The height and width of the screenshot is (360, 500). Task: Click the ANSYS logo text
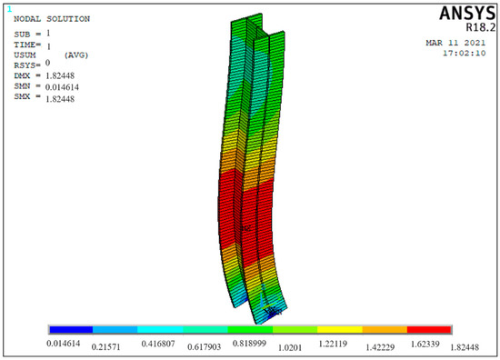467,14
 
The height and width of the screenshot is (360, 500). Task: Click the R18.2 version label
481,27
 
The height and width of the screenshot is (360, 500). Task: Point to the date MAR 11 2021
455,43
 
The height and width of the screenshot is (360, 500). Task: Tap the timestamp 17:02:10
465,53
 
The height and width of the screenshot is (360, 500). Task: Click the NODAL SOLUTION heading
52,19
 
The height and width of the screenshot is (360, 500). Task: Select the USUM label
25,55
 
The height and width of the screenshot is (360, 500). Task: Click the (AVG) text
76,55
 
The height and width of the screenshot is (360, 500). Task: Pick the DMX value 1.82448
60,75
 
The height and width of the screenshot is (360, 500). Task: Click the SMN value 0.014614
62,87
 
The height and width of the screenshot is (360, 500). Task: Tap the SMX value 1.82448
60,99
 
